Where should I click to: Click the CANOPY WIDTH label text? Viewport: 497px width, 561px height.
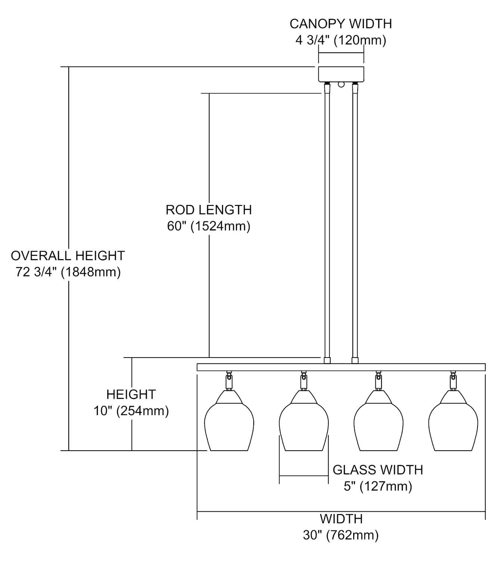click(x=341, y=24)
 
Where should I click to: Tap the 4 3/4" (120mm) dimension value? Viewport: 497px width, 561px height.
click(x=341, y=40)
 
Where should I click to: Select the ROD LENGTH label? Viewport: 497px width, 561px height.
click(x=209, y=210)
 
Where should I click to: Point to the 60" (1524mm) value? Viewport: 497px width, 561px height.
click(x=209, y=226)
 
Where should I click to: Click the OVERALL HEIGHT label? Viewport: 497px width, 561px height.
click(x=68, y=255)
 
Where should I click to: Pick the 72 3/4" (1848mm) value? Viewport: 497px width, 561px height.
click(x=68, y=272)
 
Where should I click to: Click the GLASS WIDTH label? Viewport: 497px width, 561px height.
click(x=378, y=470)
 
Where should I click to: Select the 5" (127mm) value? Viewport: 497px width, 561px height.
click(x=378, y=486)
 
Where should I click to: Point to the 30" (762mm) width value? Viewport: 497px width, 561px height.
click(x=341, y=535)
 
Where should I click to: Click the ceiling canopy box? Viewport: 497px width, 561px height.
click(x=341, y=74)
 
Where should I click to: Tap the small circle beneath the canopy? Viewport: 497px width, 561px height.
click(x=341, y=84)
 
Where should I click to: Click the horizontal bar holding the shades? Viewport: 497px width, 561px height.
click(x=341, y=367)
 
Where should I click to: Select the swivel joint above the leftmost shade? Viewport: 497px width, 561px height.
click(x=229, y=380)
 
